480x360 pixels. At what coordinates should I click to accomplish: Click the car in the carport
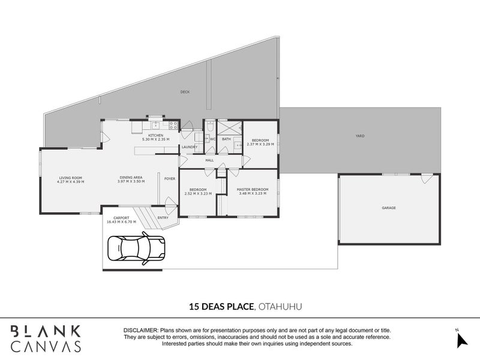point(137,248)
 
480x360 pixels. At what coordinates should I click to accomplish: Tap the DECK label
point(185,92)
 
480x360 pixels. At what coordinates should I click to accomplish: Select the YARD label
point(360,136)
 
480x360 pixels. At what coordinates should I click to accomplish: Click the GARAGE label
point(389,208)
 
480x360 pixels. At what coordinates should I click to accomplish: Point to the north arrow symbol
point(462,340)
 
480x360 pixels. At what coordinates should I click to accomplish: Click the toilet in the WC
point(211,126)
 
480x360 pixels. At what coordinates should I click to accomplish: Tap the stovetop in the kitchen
point(173,125)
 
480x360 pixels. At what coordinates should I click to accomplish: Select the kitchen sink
point(156,125)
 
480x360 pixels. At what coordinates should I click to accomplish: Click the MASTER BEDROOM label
point(253,190)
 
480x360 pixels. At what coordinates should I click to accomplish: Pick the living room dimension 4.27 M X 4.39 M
point(70,182)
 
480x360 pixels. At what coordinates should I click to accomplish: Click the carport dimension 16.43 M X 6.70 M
point(121,222)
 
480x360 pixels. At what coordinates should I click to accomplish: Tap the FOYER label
point(170,179)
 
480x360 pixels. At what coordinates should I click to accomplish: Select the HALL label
point(209,160)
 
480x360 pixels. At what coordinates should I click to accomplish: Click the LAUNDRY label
point(190,147)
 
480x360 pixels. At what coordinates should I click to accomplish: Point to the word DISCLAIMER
point(141,331)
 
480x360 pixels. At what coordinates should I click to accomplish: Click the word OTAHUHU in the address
point(280,307)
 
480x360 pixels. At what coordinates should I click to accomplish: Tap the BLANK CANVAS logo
point(46,338)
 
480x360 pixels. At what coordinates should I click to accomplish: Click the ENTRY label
point(163,218)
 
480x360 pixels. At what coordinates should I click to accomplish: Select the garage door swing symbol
point(427,178)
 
